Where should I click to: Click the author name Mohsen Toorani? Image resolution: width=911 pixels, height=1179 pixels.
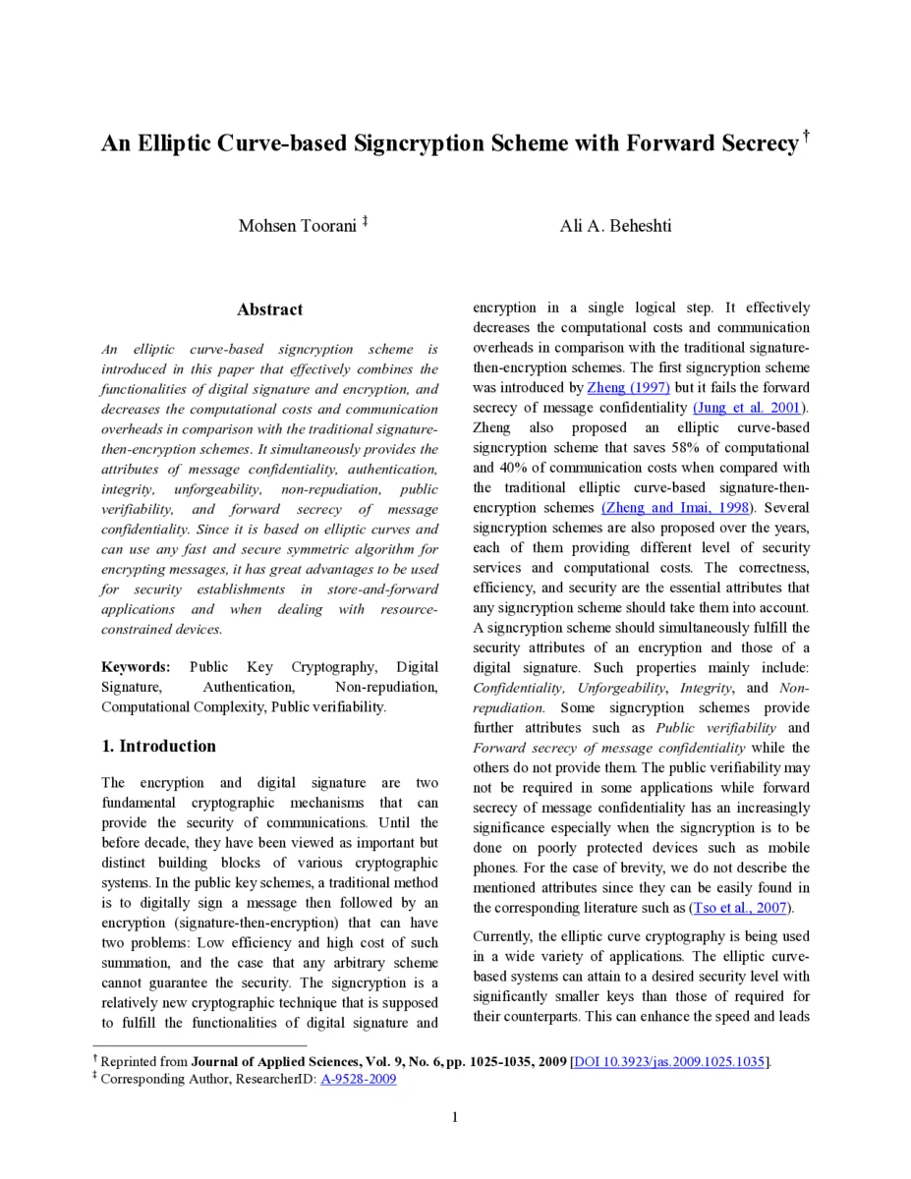coord(297,226)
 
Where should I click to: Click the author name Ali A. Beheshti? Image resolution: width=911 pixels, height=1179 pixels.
coord(615,226)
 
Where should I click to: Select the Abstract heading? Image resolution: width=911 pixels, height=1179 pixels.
coord(269,309)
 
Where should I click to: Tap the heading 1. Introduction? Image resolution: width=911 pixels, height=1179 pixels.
coord(158,746)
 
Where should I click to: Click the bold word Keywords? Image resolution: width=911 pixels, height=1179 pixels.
coord(136,667)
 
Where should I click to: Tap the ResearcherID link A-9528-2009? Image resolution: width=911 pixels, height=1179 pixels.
coord(359,1079)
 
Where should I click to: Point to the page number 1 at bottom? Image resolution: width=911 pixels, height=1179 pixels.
coord(455,1117)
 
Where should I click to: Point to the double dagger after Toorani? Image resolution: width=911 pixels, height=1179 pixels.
coord(365,222)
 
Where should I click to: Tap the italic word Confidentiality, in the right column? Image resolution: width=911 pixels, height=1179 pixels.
coord(518,688)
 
